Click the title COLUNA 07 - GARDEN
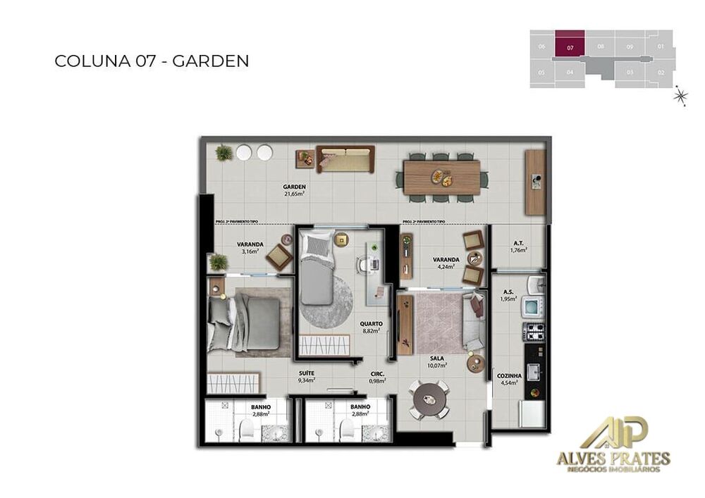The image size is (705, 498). [152, 61]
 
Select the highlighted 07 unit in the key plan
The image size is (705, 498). [570, 43]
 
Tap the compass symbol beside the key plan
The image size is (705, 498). [680, 95]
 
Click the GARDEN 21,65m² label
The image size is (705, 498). [294, 190]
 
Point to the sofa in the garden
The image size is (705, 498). [345, 159]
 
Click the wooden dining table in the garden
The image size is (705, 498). [441, 177]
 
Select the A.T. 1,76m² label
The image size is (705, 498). [518, 247]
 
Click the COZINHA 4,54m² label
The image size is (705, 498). [508, 380]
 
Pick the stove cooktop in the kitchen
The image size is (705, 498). [534, 332]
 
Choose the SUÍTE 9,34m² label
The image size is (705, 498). [306, 376]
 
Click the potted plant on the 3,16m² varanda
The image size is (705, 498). [219, 262]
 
